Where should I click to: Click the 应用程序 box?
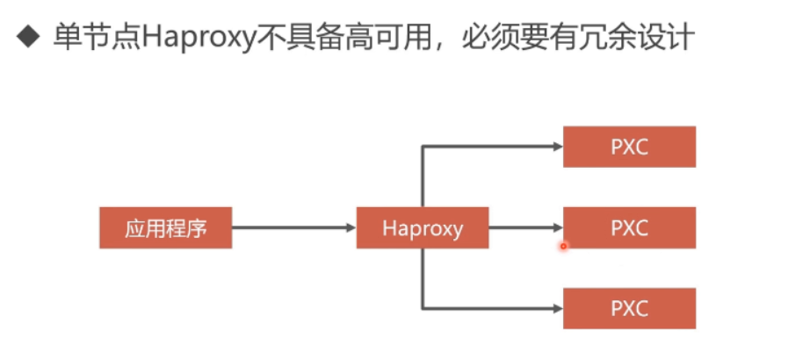[x=165, y=228]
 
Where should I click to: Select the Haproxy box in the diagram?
[x=423, y=228]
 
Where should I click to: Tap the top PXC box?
[x=629, y=147]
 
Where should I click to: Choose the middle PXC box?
[x=629, y=228]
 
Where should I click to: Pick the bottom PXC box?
[x=629, y=308]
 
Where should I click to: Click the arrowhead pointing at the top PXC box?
[x=557, y=147]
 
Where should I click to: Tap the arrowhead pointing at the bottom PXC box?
[x=557, y=308]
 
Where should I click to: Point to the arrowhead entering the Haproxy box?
[x=351, y=228]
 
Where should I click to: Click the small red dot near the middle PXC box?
[x=563, y=247]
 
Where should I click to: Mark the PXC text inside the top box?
[x=629, y=147]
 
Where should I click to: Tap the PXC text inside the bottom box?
[x=629, y=308]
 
